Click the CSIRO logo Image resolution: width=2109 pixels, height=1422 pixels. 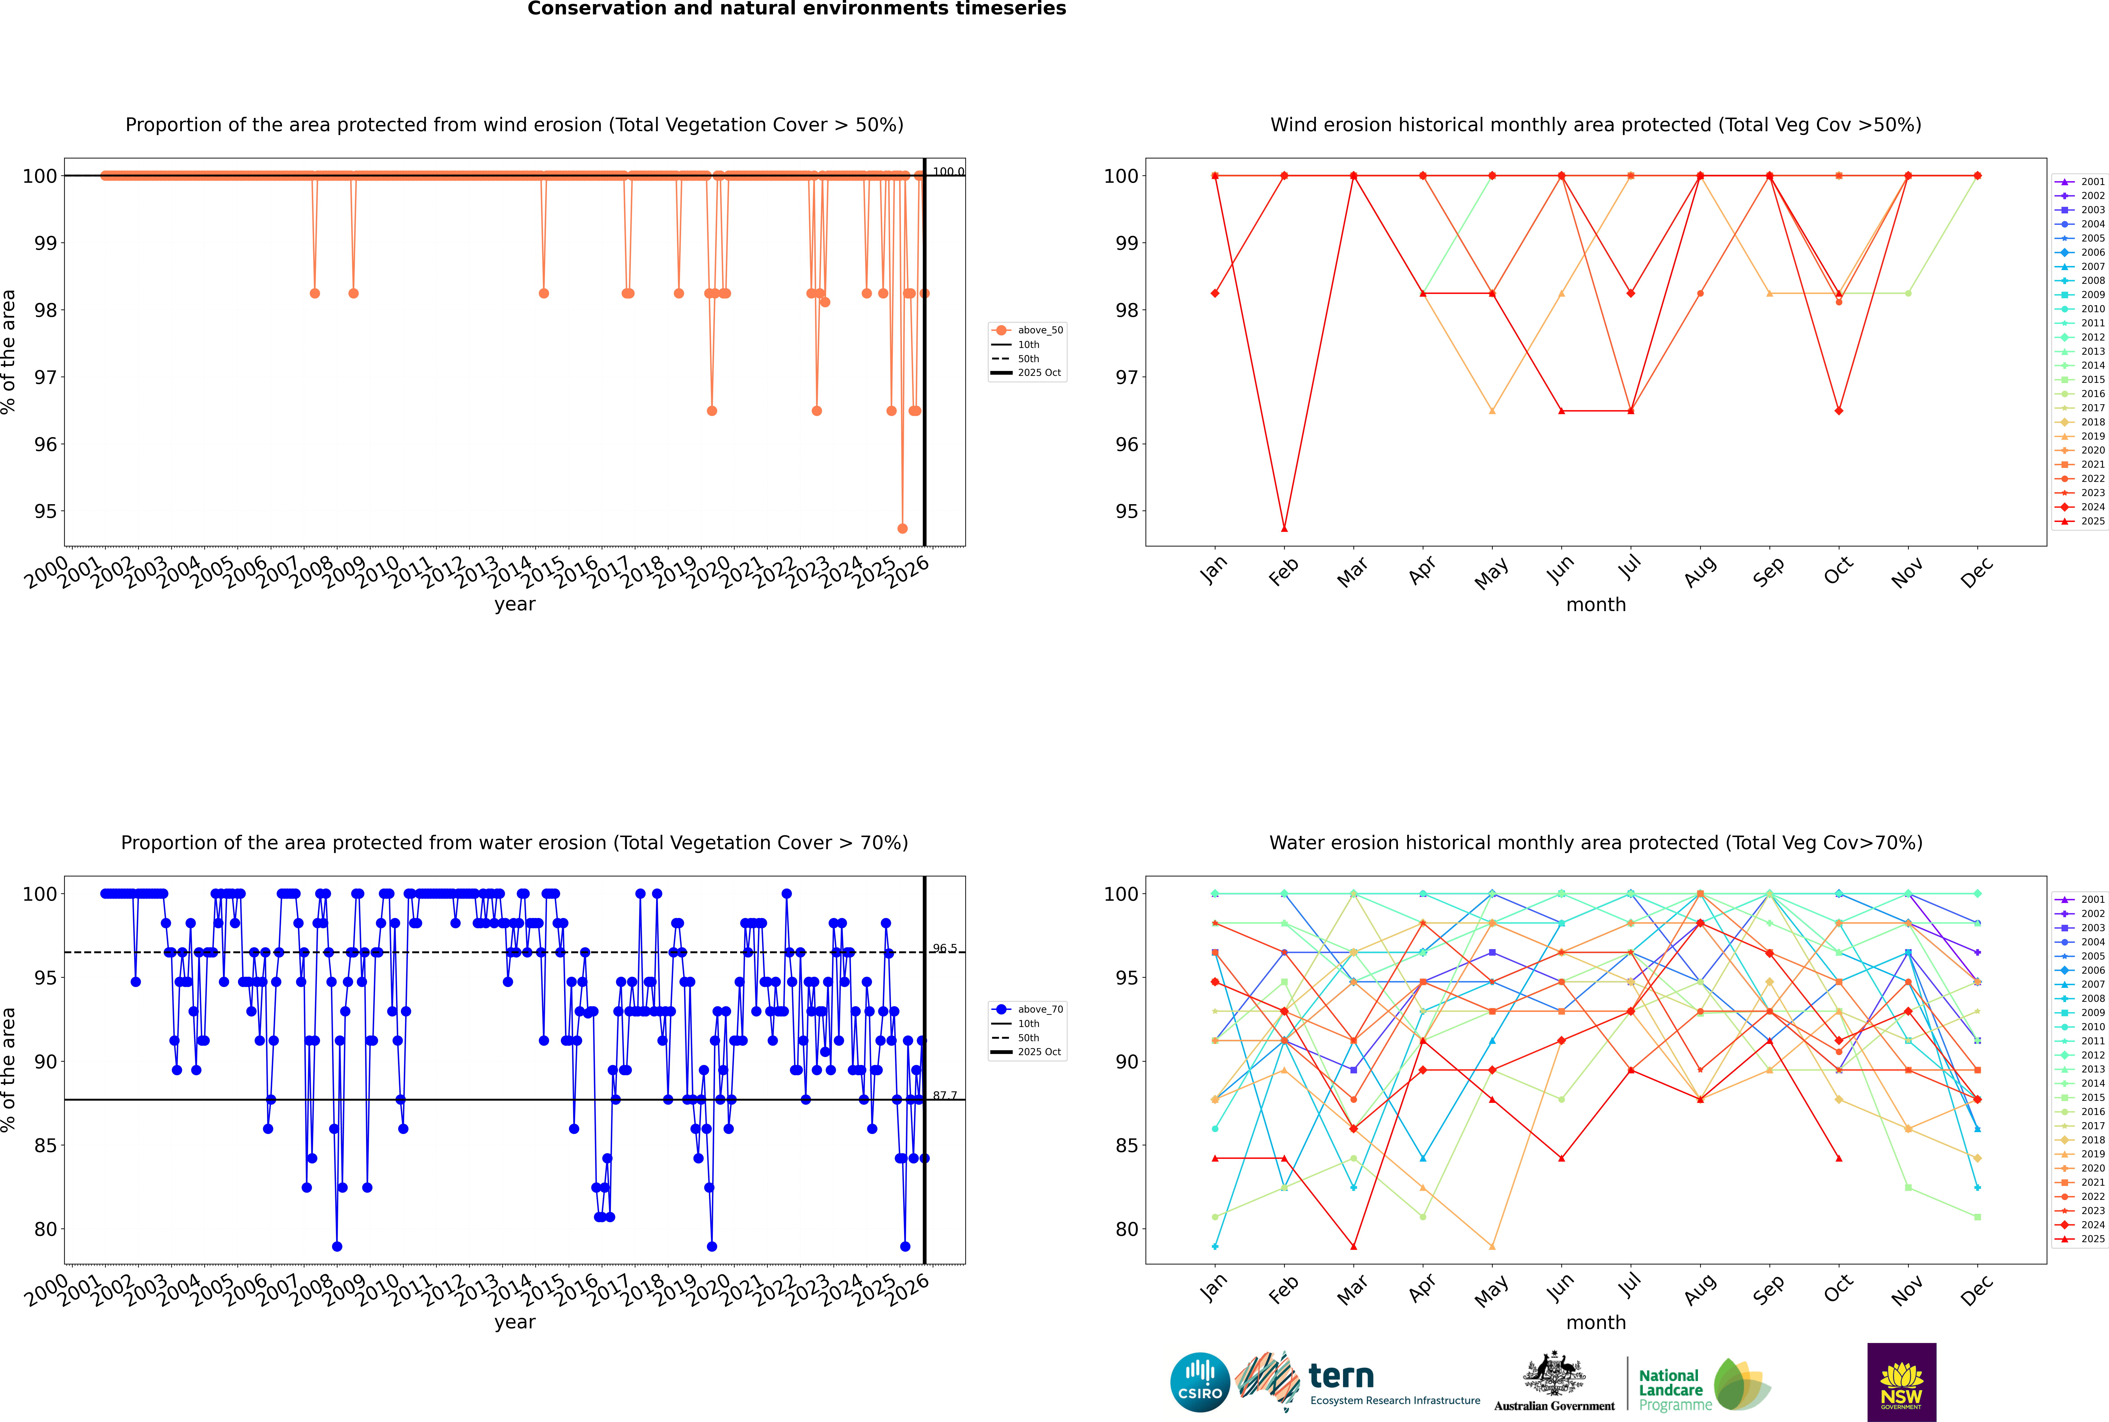(1200, 1382)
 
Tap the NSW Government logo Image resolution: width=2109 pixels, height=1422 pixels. (1901, 1382)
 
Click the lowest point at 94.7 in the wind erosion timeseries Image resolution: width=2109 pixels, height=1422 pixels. (902, 528)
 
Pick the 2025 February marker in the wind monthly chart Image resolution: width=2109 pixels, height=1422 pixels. (1284, 528)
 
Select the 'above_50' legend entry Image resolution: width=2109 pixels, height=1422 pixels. (1039, 330)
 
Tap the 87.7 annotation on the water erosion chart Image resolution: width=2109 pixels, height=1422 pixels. (945, 1095)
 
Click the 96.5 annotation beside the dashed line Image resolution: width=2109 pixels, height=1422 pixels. (945, 949)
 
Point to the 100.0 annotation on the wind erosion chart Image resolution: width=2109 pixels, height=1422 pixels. (948, 172)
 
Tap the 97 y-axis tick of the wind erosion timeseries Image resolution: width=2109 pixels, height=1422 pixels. (45, 377)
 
